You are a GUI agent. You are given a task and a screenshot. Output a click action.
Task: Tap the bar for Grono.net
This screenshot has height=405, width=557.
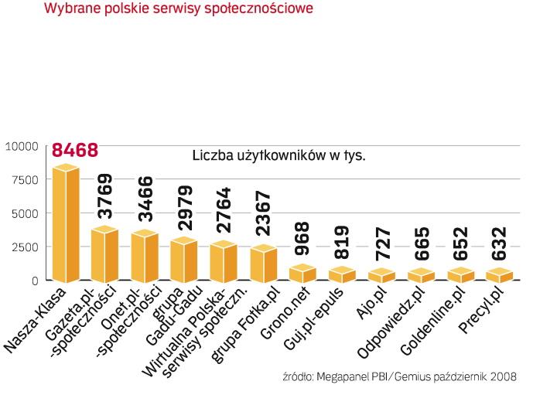[x=302, y=273]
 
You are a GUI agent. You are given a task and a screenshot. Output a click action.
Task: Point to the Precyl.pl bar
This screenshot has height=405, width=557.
[x=500, y=274]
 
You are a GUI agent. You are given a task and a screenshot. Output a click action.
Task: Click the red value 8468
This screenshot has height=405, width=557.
[x=75, y=148]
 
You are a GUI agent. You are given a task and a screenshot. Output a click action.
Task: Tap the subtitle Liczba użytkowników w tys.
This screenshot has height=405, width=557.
[x=278, y=155]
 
